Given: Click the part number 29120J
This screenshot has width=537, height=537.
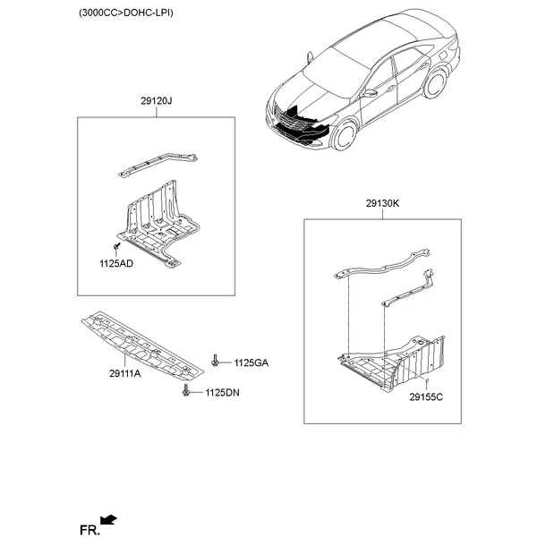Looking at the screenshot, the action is point(156,101).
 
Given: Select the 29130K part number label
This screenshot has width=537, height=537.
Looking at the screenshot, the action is point(382,203).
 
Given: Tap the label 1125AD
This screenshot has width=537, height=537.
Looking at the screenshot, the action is point(116,264).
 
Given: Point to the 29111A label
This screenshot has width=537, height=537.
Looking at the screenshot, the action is point(125,373).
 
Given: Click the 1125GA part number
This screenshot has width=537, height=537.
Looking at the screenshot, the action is point(251,363).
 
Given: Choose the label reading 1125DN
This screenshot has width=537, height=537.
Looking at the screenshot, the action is point(222,393).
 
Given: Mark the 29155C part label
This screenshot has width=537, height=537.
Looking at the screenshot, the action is point(426,397).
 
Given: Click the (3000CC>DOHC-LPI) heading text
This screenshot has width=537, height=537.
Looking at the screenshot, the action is point(126,13).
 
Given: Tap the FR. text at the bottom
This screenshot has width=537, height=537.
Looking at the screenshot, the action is point(89,530).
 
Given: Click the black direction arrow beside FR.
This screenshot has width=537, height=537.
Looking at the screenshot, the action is point(108,520).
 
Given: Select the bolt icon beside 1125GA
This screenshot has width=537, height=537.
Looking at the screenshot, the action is point(215,361).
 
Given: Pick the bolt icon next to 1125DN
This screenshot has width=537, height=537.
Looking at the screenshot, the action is point(186,390).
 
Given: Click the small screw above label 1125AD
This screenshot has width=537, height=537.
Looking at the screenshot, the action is point(116,246).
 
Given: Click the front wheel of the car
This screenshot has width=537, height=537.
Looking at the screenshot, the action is point(344,134).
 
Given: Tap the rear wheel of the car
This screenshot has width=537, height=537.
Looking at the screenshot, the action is point(435,83).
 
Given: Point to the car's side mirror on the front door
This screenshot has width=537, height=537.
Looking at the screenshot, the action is point(371,93).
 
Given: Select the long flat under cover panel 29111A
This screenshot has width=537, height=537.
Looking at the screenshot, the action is point(142,345).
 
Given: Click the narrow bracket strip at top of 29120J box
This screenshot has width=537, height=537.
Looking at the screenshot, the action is point(158,165).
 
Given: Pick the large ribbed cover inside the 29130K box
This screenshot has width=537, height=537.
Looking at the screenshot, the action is point(391,363).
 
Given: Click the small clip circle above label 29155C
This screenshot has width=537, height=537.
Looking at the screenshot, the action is point(427,380).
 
